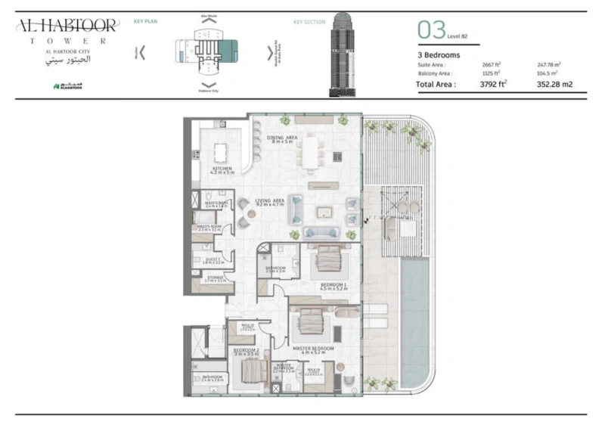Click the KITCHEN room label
220,168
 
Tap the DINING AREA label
281,137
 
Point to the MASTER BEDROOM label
313,349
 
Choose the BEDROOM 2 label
246,350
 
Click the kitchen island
220,152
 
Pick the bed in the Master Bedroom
311,322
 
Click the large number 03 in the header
431,30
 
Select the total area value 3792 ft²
493,85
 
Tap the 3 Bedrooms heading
439,54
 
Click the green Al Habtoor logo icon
56,86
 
